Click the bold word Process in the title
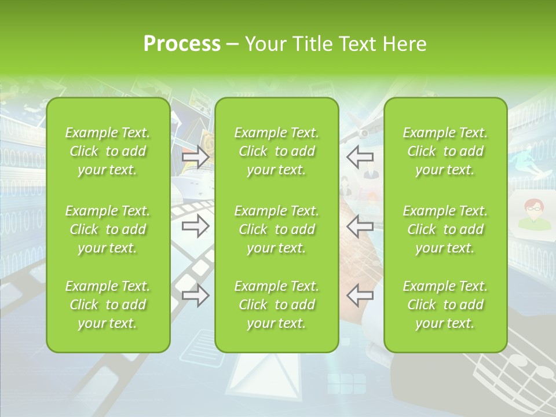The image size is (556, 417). click(x=182, y=44)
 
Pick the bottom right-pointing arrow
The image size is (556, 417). click(x=195, y=295)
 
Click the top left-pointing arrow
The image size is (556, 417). click(x=360, y=156)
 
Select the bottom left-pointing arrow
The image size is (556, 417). click(x=360, y=295)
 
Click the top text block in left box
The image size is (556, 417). click(x=108, y=151)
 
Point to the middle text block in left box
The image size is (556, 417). click(x=108, y=229)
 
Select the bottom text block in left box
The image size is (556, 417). click(x=108, y=305)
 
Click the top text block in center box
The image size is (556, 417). click(x=276, y=151)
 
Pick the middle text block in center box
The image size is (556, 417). click(x=276, y=229)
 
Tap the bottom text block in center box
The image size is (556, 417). click(x=276, y=305)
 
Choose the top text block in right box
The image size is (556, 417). click(x=445, y=151)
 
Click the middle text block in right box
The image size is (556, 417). click(x=445, y=229)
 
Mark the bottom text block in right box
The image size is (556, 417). click(x=445, y=305)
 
